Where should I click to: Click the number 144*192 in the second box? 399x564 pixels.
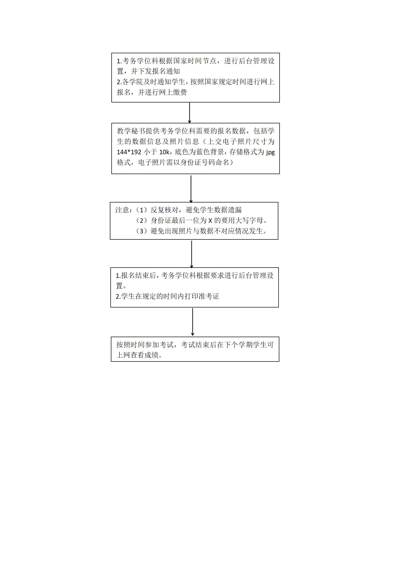click(129, 152)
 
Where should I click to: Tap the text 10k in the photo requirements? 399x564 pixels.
click(165, 152)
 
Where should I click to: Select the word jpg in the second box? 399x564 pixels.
click(270, 152)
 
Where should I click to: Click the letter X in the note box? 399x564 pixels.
click(210, 221)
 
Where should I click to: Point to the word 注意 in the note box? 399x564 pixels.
click(122, 210)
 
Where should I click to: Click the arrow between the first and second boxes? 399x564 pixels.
click(190, 113)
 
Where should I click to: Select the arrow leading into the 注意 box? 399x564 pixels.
click(191, 189)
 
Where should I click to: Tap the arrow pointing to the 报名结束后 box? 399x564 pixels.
click(192, 254)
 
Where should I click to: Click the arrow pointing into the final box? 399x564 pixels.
click(193, 322)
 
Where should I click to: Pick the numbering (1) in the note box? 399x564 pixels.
click(142, 210)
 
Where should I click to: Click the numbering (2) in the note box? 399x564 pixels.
click(142, 221)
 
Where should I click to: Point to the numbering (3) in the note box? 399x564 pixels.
click(142, 231)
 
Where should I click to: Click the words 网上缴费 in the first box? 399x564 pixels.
click(173, 92)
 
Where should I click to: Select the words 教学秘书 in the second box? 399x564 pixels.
click(131, 131)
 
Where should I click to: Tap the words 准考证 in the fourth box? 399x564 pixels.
click(209, 296)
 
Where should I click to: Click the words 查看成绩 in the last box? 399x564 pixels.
click(144, 355)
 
